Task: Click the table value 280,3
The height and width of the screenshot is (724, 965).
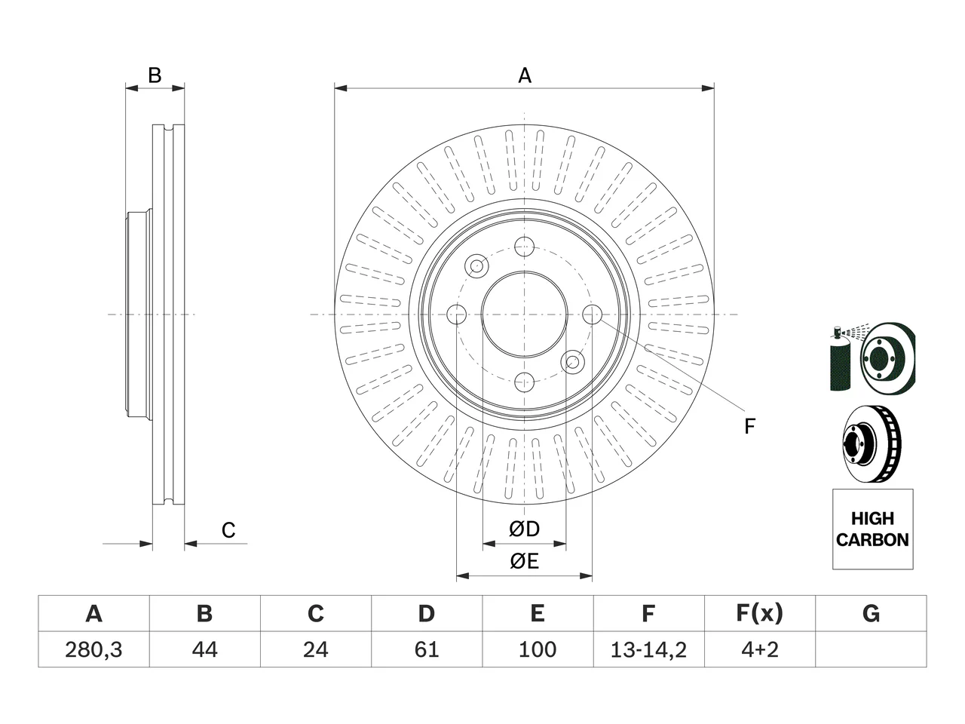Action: coord(93,649)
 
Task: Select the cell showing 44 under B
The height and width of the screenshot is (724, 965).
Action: coord(204,649)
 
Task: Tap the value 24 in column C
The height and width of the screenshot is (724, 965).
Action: coord(316,649)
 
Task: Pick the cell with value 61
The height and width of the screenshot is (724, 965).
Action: coord(427,649)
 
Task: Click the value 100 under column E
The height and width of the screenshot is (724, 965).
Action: coord(538,649)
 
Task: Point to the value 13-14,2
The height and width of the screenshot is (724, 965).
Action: coord(648,650)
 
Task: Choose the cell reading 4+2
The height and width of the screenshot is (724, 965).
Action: coord(760,649)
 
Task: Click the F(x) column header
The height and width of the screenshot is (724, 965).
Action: coord(760,613)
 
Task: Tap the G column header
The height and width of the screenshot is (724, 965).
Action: coord(871,613)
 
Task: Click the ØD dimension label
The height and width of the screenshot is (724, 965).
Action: coord(524,529)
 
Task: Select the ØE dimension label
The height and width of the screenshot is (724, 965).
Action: coord(524,561)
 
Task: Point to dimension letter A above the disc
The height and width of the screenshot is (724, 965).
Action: coord(525,75)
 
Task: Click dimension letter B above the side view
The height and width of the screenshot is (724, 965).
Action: coord(155,75)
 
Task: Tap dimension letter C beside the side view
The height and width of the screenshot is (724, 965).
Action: coord(228,530)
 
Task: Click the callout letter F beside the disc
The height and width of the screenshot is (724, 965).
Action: coord(749,426)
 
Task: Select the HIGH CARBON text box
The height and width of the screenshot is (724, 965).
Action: coord(873,529)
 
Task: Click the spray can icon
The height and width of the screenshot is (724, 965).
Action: coord(840,357)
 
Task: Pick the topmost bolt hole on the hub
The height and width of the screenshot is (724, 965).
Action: coord(524,247)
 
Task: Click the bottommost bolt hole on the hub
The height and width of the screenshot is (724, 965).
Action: coord(524,382)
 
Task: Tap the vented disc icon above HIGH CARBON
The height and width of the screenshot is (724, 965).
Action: coord(872,443)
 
